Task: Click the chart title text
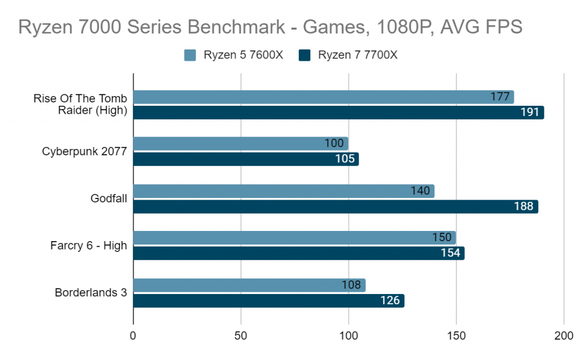coord(270,27)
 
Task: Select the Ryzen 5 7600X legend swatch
coord(190,55)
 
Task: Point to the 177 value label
coord(500,97)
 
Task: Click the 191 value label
coord(530,112)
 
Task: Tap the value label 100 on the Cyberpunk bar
coord(334,143)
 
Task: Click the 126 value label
coord(390,300)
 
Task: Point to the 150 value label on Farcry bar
coord(442,238)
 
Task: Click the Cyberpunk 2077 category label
coord(84,151)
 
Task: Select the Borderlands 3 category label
coord(91,293)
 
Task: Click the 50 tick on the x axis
coord(241,336)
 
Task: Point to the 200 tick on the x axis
coord(564,336)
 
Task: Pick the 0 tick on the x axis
coord(133,336)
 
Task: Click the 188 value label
coord(524,206)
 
